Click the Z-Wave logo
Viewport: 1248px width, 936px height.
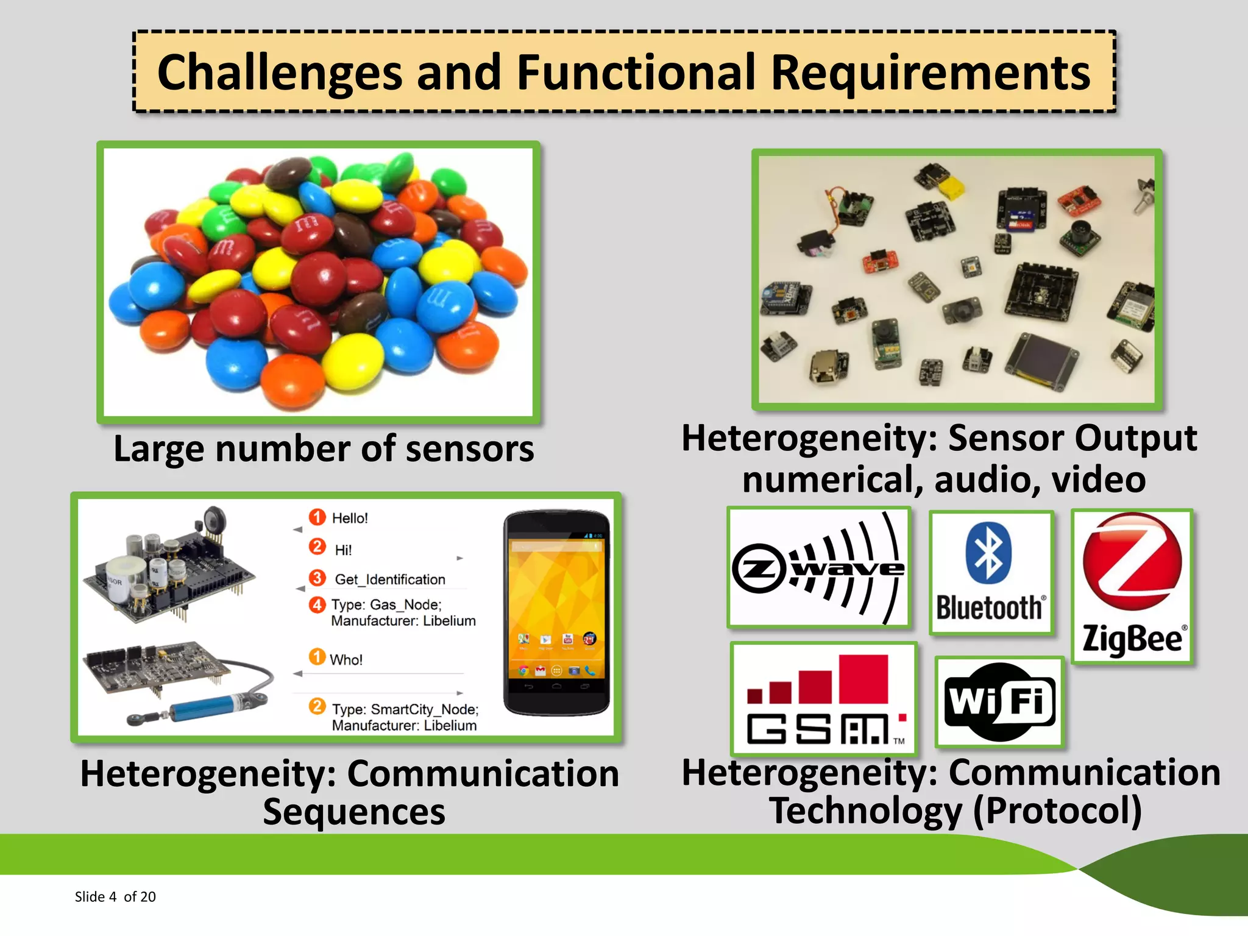pos(818,568)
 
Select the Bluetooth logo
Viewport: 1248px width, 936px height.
pos(991,573)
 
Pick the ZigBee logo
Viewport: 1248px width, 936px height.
pos(1132,586)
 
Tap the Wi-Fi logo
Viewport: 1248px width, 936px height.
pos(999,701)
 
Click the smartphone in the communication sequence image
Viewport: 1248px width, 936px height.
pos(556,612)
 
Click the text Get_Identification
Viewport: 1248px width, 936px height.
pos(390,580)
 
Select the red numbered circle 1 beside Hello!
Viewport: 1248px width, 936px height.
pos(317,517)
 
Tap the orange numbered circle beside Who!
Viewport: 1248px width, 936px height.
pos(317,657)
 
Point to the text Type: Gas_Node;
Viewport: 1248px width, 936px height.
pos(386,604)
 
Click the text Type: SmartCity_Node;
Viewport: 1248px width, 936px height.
pos(405,709)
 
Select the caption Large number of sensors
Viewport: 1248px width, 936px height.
pos(324,449)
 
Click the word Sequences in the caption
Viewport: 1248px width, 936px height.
pos(353,812)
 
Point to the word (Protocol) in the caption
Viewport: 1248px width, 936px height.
pos(1057,811)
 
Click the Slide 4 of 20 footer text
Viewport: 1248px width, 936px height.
pos(115,896)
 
